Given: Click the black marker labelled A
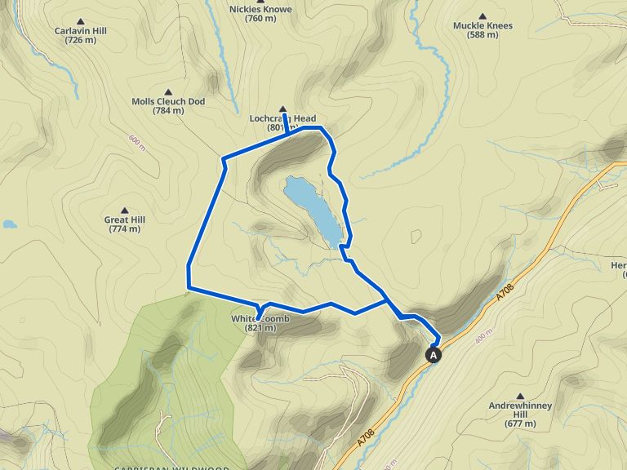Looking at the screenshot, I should click(434, 355).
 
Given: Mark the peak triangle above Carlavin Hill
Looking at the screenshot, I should click(81, 20).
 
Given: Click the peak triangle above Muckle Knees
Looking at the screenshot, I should click(482, 16).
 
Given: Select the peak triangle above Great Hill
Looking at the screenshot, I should click(124, 210).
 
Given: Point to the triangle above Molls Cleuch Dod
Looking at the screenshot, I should click(168, 92).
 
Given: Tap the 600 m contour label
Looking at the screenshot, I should click(136, 142).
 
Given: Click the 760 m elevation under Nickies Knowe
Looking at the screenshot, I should click(260, 19).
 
